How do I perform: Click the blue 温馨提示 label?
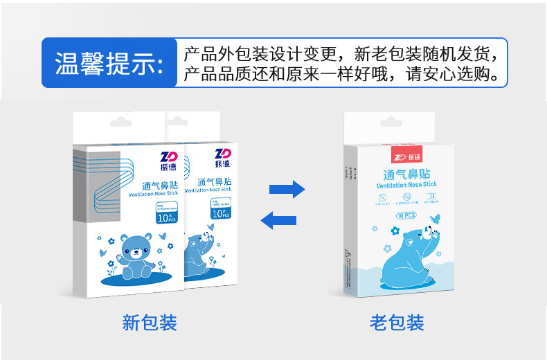(x=110, y=62)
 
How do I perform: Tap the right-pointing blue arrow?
(x=287, y=188)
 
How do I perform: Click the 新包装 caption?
(x=150, y=323)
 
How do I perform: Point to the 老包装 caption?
(x=397, y=323)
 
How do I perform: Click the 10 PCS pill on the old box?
(x=406, y=216)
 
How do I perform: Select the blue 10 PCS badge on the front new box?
(x=167, y=217)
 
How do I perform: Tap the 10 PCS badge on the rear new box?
(x=220, y=213)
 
